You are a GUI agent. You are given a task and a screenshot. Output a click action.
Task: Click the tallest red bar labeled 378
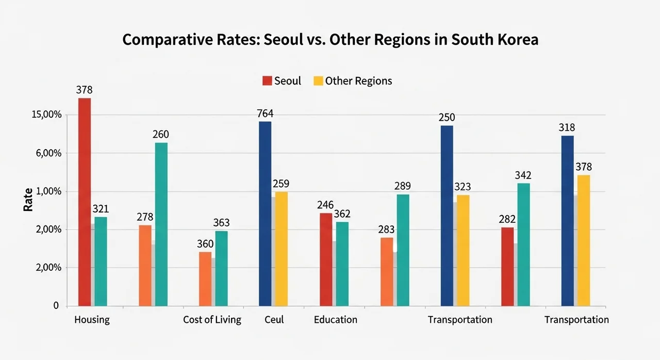tap(84, 202)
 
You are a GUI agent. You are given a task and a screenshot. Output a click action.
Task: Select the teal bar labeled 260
tap(161, 224)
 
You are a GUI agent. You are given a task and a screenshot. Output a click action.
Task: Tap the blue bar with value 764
tap(265, 214)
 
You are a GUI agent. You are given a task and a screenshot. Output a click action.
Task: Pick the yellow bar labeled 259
tap(281, 249)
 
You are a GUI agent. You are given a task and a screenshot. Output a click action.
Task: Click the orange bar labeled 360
tap(205, 279)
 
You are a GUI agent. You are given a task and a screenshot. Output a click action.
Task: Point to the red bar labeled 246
tap(326, 259)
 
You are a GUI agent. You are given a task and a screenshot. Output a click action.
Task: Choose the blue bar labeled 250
tap(447, 216)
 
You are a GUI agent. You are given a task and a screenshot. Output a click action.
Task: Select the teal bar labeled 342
tap(523, 244)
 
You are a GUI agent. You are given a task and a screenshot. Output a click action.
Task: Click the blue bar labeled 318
tap(567, 221)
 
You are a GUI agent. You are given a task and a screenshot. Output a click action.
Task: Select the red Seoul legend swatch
tap(267, 81)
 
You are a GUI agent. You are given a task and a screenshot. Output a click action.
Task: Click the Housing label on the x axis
tap(92, 320)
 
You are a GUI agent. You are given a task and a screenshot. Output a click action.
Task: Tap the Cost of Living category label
tap(212, 320)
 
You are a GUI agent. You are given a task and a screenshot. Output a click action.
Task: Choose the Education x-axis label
tap(335, 320)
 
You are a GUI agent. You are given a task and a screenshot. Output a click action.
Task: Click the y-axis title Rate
tap(28, 199)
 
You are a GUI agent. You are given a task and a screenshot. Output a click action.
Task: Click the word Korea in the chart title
tap(518, 40)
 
